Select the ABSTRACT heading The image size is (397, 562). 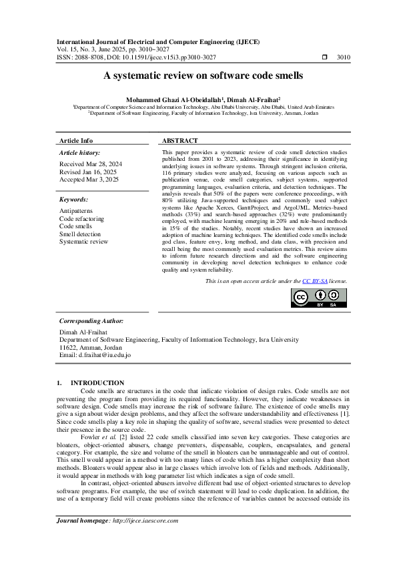(180, 141)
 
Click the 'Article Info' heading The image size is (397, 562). (76, 141)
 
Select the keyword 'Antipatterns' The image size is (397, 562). (77, 211)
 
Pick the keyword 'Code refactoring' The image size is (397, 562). (82, 218)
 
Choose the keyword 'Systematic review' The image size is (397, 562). (83, 242)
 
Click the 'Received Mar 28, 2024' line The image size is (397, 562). (91, 164)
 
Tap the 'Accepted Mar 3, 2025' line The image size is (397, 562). (89, 180)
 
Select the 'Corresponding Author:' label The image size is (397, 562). (91, 321)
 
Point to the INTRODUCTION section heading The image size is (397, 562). (98, 382)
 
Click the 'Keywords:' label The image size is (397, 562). (74, 200)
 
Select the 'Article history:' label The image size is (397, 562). (80, 153)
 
